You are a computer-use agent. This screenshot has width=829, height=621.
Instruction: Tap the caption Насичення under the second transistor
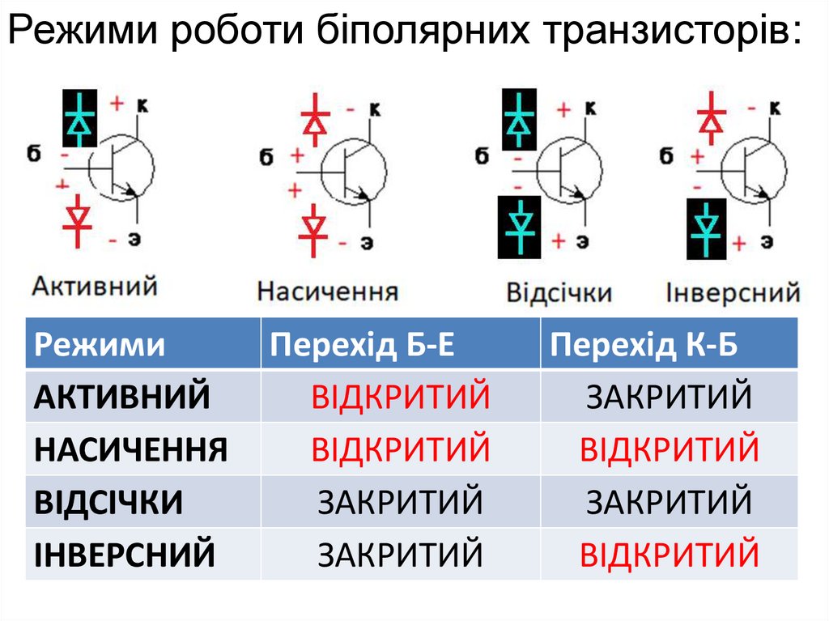pos(328,291)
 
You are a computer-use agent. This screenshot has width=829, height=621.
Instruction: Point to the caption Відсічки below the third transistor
pos(559,291)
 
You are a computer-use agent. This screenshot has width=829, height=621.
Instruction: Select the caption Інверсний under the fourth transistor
pos(733,291)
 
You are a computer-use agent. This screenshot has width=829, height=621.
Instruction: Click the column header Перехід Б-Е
pos(362,346)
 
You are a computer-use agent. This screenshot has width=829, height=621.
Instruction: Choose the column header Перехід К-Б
pos(644,346)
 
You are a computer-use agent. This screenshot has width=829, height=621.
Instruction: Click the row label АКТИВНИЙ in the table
pos(122,397)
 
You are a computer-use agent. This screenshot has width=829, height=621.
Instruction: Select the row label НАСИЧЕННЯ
pos(131,449)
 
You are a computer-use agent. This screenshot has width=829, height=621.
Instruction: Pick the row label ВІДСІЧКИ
pos(108,502)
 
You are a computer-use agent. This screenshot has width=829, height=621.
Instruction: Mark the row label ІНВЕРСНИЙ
pos(125,555)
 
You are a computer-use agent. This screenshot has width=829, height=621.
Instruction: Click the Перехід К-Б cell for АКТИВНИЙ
pos(669,397)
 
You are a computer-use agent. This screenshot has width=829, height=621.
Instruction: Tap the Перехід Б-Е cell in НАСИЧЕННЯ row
pos(401,449)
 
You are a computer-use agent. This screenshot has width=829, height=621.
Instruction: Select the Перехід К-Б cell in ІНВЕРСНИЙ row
pos(669,555)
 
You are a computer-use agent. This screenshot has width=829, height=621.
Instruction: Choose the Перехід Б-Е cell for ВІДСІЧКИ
pos(401,502)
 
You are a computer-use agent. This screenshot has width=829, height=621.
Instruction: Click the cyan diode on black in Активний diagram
pos(80,118)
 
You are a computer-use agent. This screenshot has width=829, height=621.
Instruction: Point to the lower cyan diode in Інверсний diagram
pos(707,228)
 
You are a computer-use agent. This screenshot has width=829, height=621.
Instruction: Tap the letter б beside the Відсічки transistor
pos(483,155)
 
